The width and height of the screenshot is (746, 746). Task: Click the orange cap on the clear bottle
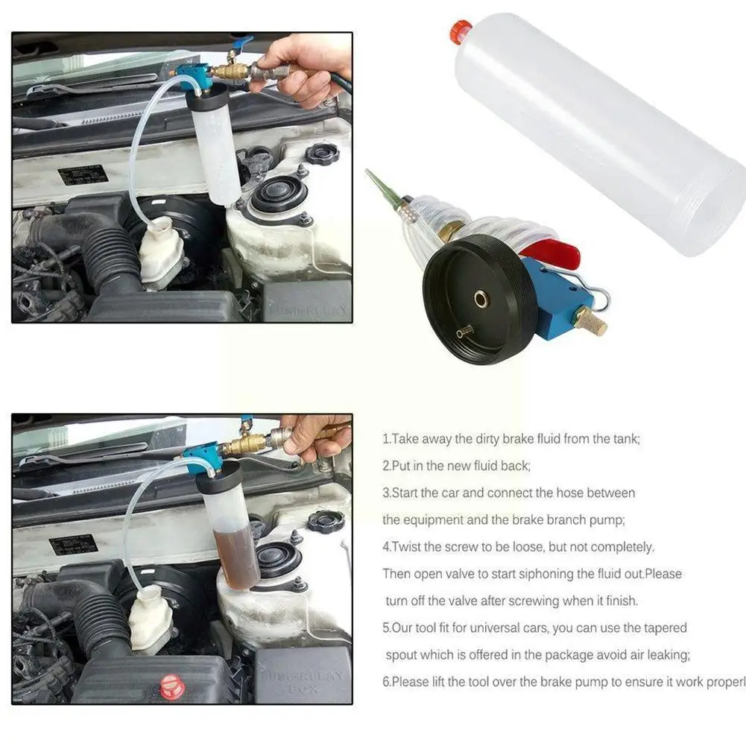click(x=461, y=31)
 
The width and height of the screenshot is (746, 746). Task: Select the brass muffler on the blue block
click(x=590, y=320)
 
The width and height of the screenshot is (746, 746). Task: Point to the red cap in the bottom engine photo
click(x=172, y=686)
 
